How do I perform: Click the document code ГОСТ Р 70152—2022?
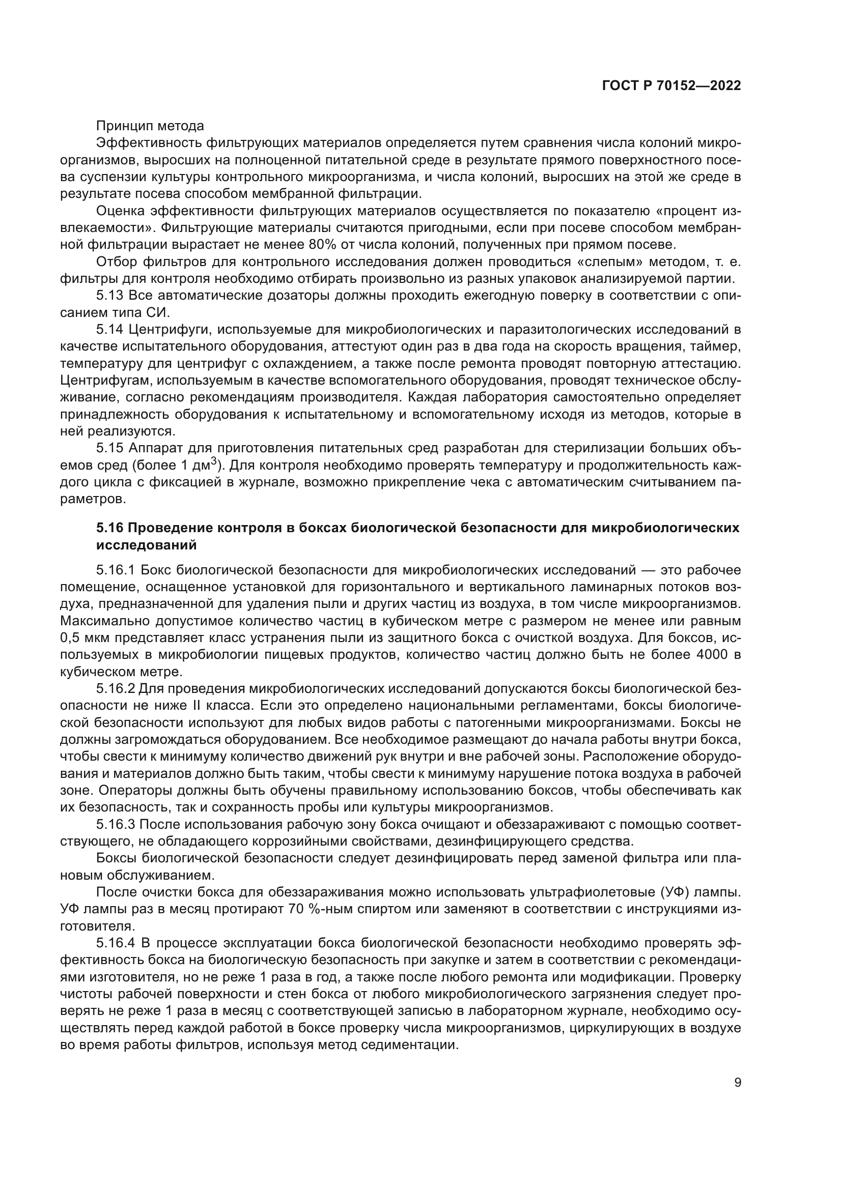tap(671, 85)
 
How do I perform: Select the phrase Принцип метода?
tap(150, 126)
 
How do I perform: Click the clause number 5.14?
tap(110, 329)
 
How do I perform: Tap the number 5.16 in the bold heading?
tap(110, 528)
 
